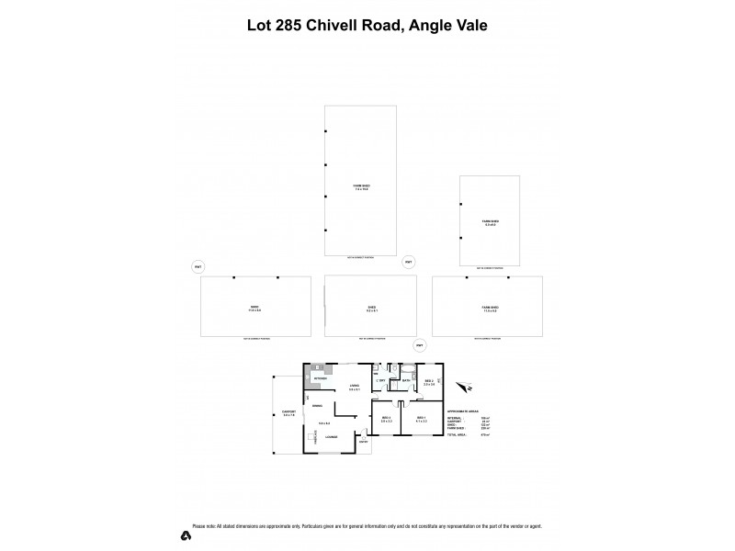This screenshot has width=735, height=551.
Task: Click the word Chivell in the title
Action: pos(326,26)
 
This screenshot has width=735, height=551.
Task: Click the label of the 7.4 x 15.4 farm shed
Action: pos(361,187)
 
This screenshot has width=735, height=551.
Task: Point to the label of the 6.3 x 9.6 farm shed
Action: pos(490,223)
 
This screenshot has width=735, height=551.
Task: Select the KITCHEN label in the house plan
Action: pos(320,378)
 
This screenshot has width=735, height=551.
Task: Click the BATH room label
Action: pos(405,380)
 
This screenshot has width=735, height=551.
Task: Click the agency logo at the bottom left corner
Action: pos(187,535)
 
